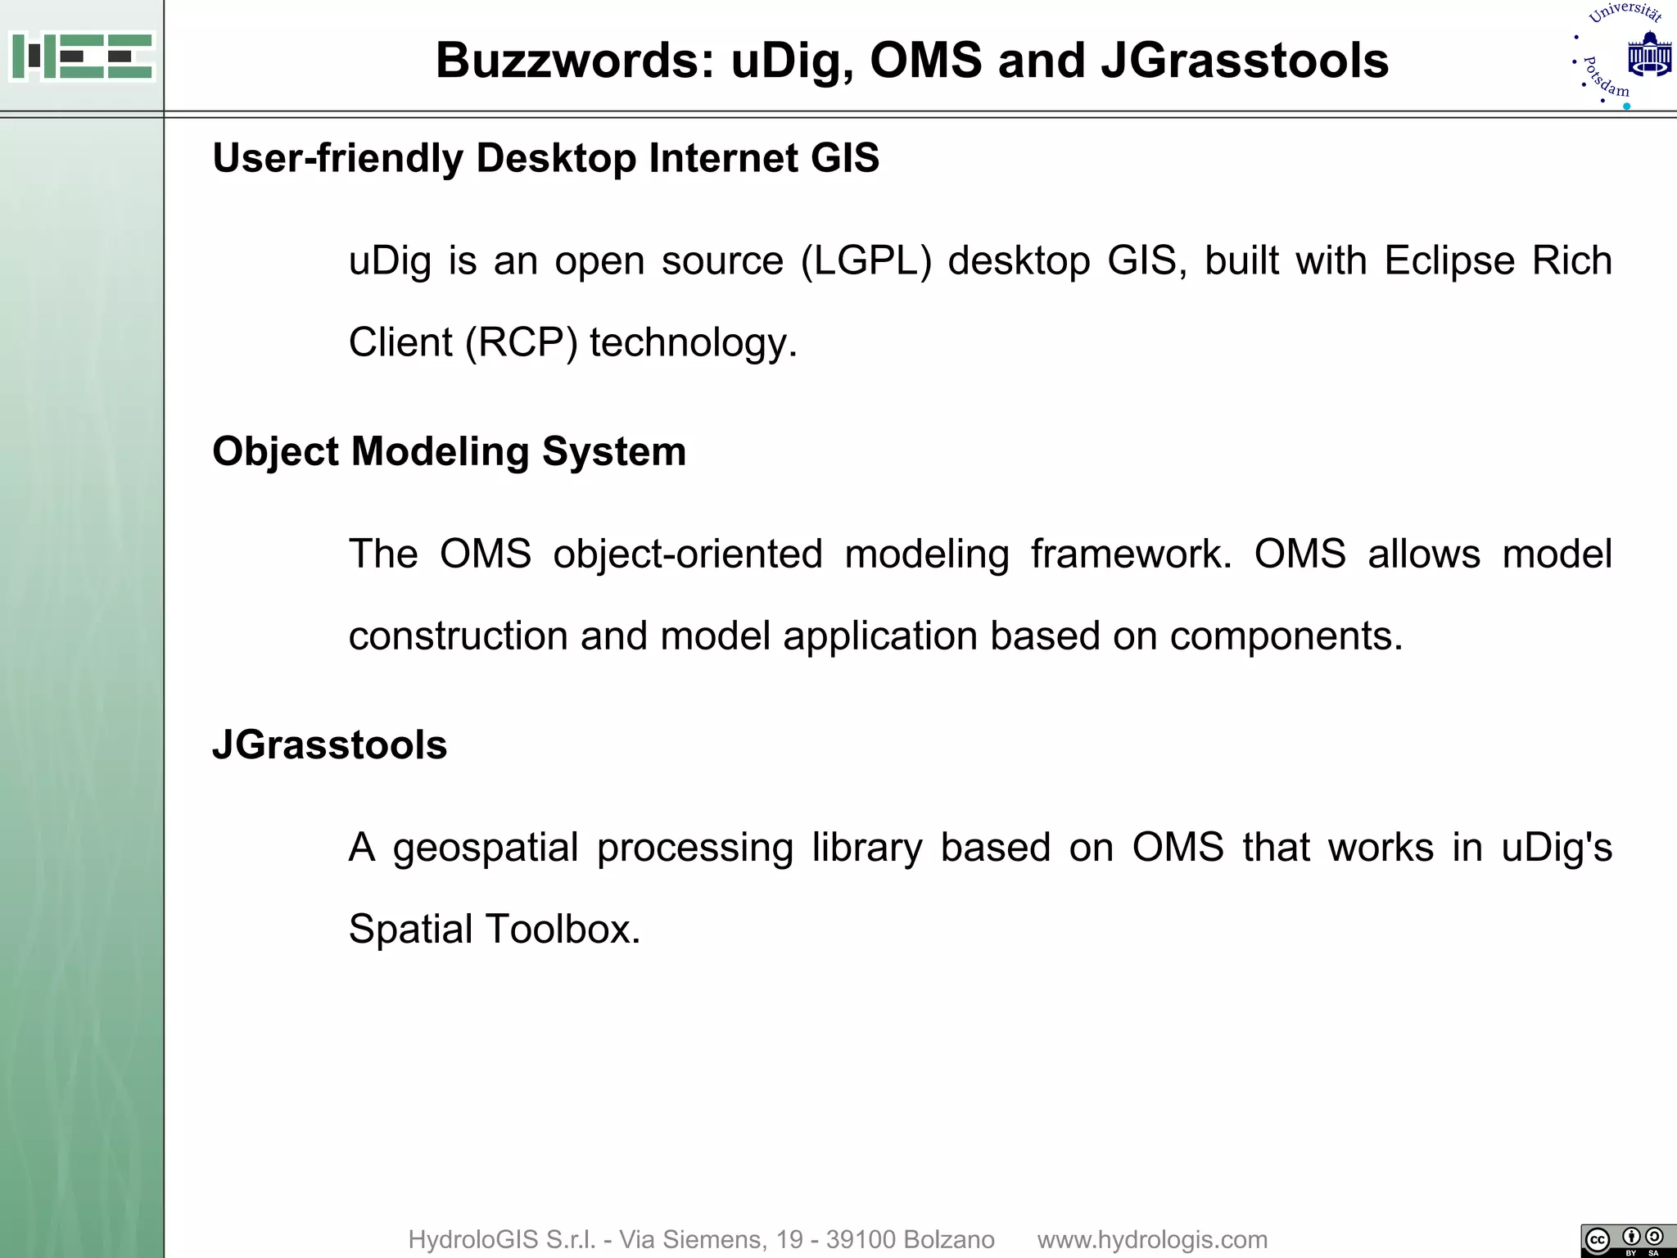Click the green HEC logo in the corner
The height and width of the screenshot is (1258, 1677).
[x=82, y=56]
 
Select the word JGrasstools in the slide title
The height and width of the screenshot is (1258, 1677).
[x=1245, y=61]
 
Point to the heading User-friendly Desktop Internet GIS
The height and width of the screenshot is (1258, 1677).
[x=545, y=158]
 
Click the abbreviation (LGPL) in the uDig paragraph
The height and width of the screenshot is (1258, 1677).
[x=866, y=261]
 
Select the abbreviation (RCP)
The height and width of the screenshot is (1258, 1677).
[x=521, y=342]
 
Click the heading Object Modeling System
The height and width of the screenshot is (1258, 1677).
[x=449, y=451]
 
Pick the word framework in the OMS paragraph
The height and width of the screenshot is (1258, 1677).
[x=1131, y=554]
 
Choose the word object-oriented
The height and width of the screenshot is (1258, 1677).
[x=688, y=554]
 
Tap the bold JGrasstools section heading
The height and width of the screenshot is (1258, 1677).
[x=329, y=745]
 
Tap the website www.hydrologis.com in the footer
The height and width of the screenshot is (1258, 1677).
[x=1152, y=1239]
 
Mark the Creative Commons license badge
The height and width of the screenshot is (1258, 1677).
[x=1628, y=1240]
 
